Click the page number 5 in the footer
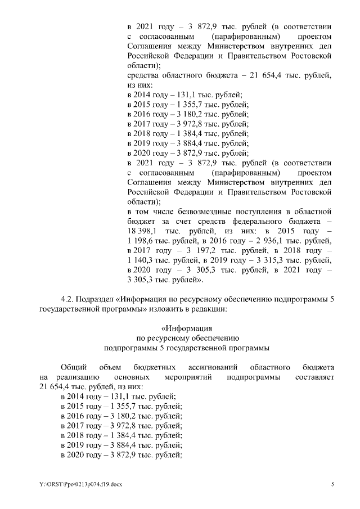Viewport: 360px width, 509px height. tap(332, 485)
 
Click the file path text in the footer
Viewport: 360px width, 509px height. tap(76, 485)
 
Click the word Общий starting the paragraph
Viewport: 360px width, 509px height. tap(73, 367)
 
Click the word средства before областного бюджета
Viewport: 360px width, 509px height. tap(143, 75)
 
